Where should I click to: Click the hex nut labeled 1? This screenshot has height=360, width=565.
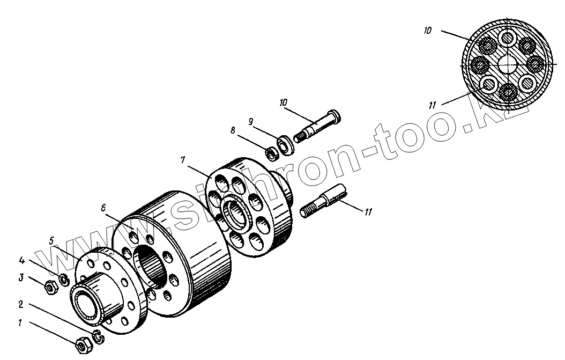point(81,345)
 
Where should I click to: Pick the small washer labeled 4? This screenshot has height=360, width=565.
point(63,279)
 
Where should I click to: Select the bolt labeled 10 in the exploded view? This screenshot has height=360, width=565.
point(318,126)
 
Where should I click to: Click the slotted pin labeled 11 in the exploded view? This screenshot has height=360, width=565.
point(326,200)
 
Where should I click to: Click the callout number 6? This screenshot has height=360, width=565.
point(103,207)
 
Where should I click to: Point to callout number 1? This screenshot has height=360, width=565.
point(20,324)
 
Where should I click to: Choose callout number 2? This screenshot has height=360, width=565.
point(20,304)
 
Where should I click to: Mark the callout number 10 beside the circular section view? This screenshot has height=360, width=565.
point(427,31)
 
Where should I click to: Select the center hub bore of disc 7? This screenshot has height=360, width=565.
point(236,212)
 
